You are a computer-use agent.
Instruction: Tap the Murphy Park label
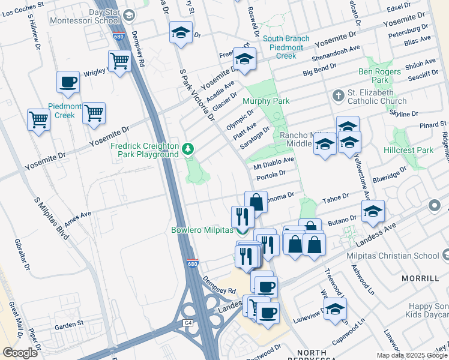pos(266,101)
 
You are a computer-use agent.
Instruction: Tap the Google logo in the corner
pos(20,353)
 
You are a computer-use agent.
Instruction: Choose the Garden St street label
pos(68,324)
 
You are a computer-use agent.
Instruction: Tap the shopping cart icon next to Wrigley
pos(120,60)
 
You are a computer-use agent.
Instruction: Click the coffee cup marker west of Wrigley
pos(68,82)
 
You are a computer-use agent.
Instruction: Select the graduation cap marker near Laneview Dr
pos(335,309)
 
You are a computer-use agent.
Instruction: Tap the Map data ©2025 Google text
pos(411,355)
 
